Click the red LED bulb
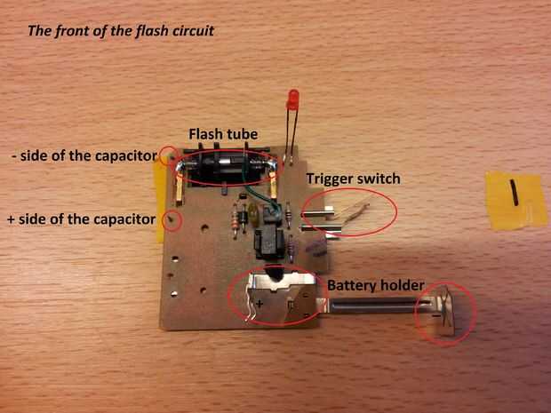[x=292, y=99]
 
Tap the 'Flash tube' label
[x=223, y=134]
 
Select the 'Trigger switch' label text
[x=353, y=179]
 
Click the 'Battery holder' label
[x=376, y=285]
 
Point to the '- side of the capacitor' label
[x=84, y=155]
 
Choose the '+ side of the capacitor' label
[x=81, y=219]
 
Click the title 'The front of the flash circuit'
[x=121, y=31]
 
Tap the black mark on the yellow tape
[x=514, y=192]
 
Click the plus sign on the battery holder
[x=260, y=304]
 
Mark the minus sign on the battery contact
[x=435, y=316]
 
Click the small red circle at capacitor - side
[x=170, y=155]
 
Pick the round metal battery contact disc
[x=444, y=311]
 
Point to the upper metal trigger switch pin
[x=318, y=212]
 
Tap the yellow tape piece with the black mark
[x=515, y=200]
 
